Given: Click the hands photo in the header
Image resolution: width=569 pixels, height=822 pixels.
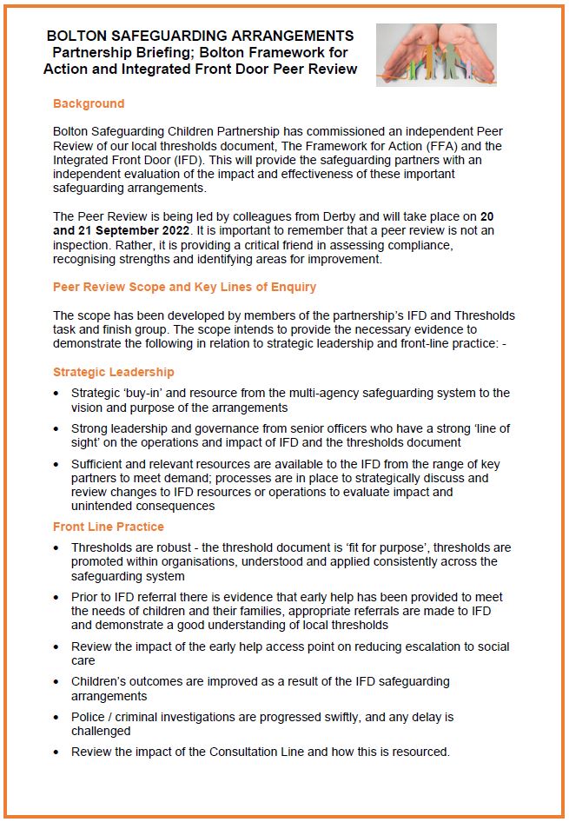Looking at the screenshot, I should pyautogui.click(x=436, y=54).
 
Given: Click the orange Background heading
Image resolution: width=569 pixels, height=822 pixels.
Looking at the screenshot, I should pyautogui.click(x=89, y=103).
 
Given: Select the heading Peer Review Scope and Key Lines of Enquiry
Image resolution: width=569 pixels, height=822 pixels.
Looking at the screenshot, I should pyautogui.click(x=184, y=287).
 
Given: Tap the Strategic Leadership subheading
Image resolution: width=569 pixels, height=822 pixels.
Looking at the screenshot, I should pyautogui.click(x=114, y=372).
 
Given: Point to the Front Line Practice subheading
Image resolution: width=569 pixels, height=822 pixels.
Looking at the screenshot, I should pyautogui.click(x=109, y=527).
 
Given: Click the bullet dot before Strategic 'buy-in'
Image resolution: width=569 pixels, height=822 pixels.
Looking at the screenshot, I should pyautogui.click(x=57, y=394).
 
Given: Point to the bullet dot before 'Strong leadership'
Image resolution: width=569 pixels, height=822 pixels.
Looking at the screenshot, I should pyautogui.click(x=57, y=429).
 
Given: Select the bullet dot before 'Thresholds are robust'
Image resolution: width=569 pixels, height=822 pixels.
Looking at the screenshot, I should pyautogui.click(x=57, y=549).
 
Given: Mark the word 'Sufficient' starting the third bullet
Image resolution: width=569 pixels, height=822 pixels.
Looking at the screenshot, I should pyautogui.click(x=100, y=465).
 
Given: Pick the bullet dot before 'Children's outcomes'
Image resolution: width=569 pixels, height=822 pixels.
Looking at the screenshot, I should pyautogui.click(x=57, y=682).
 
